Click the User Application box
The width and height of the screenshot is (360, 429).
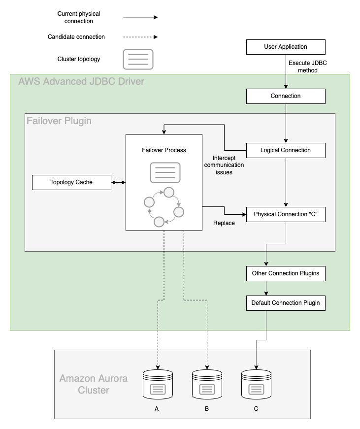286,47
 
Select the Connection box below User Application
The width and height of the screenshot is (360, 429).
286,96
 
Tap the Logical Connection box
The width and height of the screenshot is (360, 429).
286,150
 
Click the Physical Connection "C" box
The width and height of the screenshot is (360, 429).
286,214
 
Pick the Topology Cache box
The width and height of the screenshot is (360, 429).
71,182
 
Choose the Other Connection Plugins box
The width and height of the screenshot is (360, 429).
286,273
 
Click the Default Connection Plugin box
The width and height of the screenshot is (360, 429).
286,303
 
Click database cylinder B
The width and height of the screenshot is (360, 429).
207,385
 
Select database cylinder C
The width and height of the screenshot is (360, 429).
256,385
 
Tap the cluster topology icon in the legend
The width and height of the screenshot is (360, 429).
138,59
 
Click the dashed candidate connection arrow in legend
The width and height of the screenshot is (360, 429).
140,37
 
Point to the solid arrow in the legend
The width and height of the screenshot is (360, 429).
140,17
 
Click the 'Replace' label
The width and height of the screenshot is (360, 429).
224,223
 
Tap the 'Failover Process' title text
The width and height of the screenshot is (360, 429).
164,150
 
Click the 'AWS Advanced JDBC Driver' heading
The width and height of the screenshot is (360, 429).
81,81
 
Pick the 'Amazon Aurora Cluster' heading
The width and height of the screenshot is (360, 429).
94,384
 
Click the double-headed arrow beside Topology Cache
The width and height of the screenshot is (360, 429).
118,182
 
